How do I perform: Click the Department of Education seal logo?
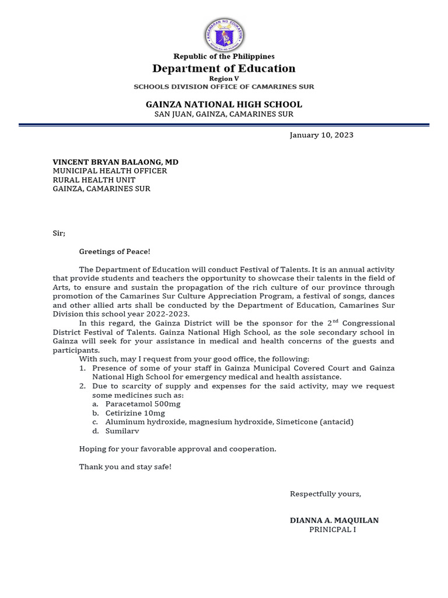tap(224, 34)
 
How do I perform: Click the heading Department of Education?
tap(224, 68)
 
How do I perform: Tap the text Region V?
tap(224, 78)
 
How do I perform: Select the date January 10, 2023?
tap(321, 135)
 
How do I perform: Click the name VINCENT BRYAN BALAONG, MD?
tap(116, 162)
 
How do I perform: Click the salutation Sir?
tap(59, 233)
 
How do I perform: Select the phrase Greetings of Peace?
tap(114, 251)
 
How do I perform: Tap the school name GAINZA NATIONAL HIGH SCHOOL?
tap(224, 105)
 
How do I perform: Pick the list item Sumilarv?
tap(123, 431)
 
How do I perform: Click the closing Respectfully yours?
tap(325, 494)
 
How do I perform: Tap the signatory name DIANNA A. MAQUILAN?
tap(334, 520)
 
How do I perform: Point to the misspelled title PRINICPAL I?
tap(332, 530)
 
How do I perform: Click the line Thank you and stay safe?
tap(125, 467)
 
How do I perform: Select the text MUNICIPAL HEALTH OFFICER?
tap(110, 171)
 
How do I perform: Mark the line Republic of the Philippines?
tap(224, 57)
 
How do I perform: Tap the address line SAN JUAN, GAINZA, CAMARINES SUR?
tap(224, 114)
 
